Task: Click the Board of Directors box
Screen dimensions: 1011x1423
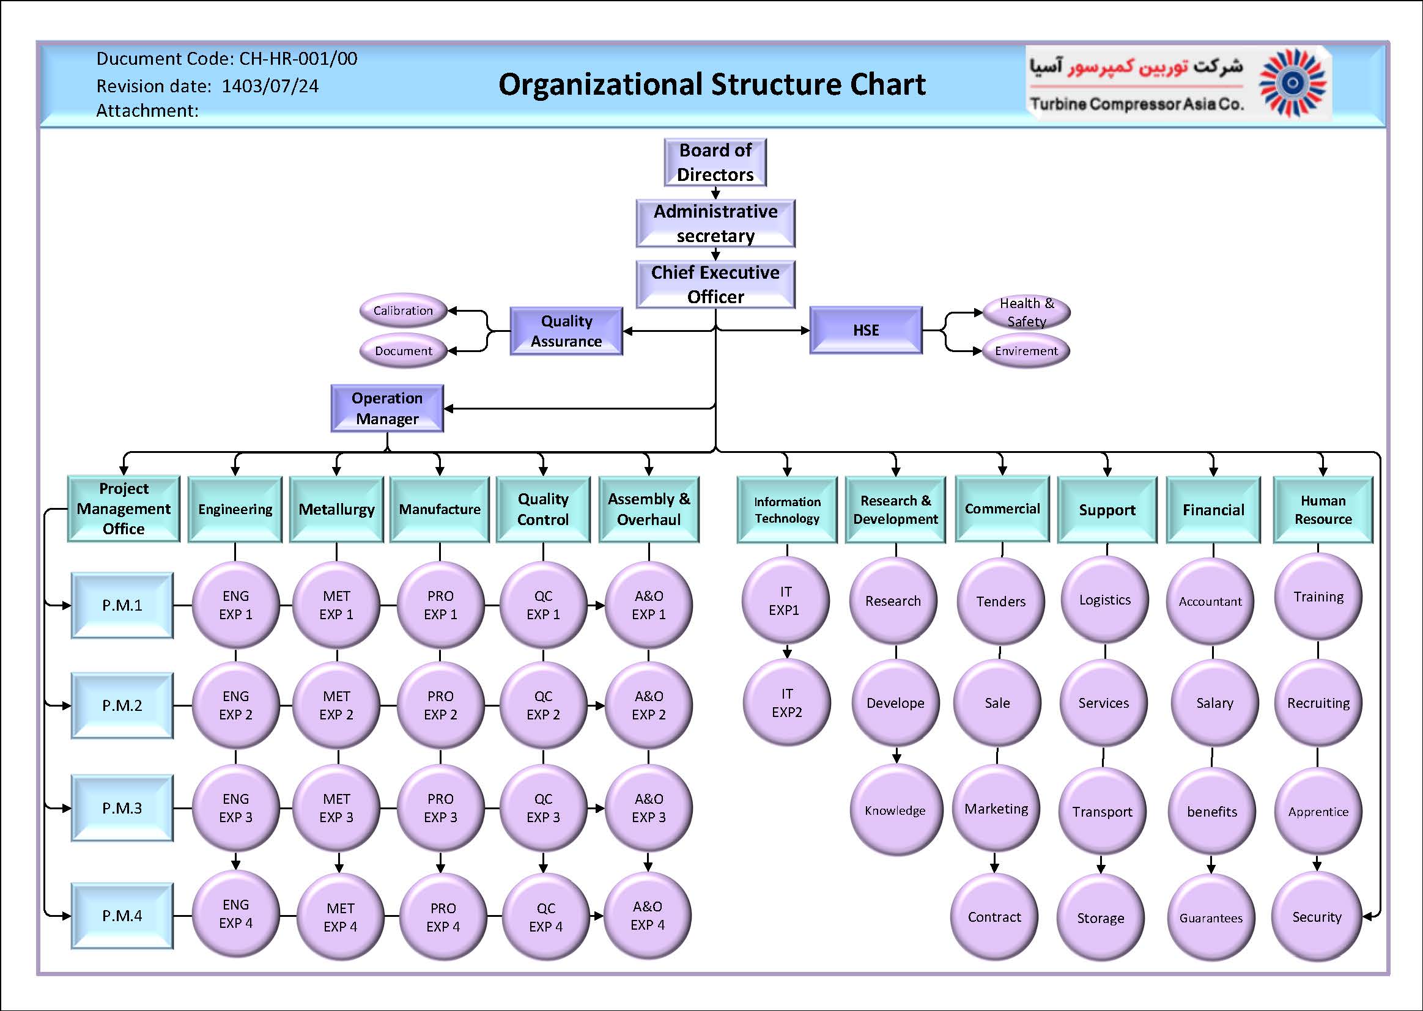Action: tap(715, 163)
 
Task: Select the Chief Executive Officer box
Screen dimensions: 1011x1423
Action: tap(715, 284)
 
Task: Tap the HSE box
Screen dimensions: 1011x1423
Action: tap(866, 330)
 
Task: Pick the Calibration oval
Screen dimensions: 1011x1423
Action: tap(403, 311)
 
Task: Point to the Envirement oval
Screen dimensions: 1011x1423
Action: tap(1026, 351)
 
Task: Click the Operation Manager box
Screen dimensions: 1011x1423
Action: tap(386, 408)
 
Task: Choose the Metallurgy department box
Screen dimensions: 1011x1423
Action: tap(336, 509)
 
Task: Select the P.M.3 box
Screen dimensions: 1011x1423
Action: tap(122, 808)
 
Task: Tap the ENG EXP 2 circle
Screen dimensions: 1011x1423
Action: tap(235, 705)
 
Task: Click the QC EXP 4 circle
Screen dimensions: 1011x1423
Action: tap(545, 917)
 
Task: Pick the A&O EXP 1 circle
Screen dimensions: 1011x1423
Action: tap(648, 605)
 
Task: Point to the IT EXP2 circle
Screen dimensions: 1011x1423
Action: tap(786, 703)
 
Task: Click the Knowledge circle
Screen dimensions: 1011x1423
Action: tap(895, 811)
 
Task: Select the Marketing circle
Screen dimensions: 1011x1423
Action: tap(996, 809)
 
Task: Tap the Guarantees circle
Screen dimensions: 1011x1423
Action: tap(1211, 918)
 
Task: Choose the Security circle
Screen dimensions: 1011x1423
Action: tap(1317, 917)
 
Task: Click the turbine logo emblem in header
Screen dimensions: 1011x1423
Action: tap(1292, 83)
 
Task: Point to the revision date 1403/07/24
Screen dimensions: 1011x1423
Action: tap(270, 86)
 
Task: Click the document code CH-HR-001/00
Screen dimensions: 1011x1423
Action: tap(298, 59)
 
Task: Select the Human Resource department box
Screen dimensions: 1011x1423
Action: tap(1323, 510)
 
